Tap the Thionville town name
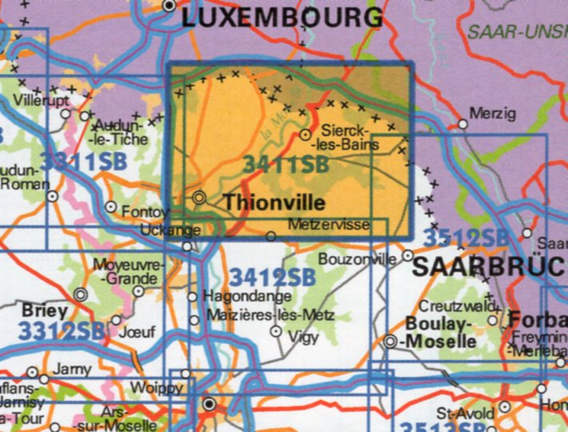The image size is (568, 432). [274, 202]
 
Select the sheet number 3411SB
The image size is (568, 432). [286, 164]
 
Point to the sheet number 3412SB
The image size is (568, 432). [271, 278]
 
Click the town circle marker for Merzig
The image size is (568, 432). [462, 124]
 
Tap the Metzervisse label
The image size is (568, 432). [330, 225]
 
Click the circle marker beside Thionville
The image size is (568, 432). [199, 197]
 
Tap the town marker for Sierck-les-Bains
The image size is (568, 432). [305, 134]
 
